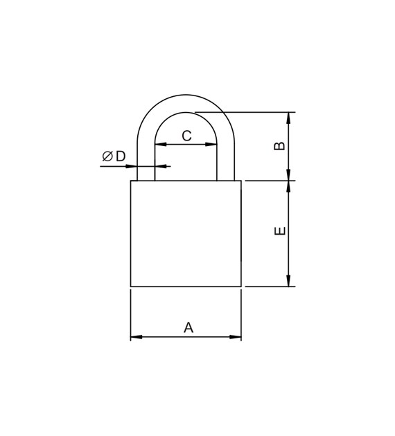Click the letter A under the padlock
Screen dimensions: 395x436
(x=188, y=327)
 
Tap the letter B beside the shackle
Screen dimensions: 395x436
(x=280, y=146)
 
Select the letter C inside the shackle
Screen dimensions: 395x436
(x=187, y=136)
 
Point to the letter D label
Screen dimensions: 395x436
(x=121, y=156)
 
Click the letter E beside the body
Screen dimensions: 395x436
(x=280, y=230)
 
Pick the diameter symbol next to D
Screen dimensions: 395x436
(x=107, y=156)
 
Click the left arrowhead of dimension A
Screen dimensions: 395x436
(x=137, y=337)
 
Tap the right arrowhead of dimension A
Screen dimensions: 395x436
(x=235, y=337)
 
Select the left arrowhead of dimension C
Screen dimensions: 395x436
(x=161, y=145)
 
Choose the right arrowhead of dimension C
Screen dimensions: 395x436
(x=211, y=145)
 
